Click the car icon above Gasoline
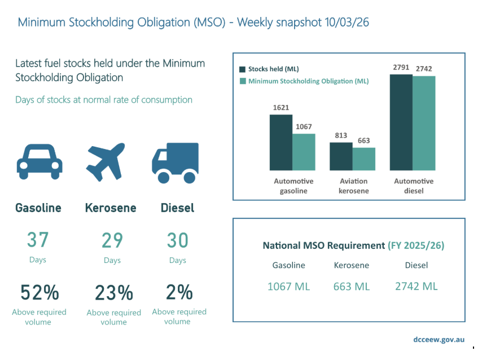(x=40, y=161)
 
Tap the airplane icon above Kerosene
(x=106, y=162)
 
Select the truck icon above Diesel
(x=175, y=163)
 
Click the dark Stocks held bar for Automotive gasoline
(x=281, y=142)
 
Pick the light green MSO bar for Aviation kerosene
(x=364, y=159)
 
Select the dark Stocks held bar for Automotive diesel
(x=401, y=122)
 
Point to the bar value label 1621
(x=281, y=108)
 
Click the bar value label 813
(x=341, y=135)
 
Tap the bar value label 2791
(x=401, y=67)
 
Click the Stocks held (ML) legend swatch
(x=242, y=69)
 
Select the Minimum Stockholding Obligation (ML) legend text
(x=309, y=81)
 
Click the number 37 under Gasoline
(x=38, y=240)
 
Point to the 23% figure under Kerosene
(x=114, y=293)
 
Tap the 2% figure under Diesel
(x=179, y=292)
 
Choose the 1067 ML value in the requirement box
(x=289, y=287)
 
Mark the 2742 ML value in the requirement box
(x=416, y=286)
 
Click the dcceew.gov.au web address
(x=439, y=340)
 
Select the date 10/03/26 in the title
(x=347, y=22)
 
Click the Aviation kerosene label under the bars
(x=353, y=186)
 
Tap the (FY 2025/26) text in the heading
(x=416, y=245)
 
